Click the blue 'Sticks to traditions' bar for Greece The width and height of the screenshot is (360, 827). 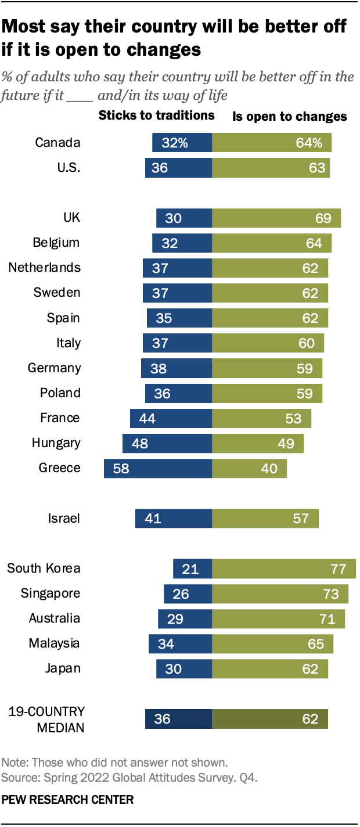pyautogui.click(x=157, y=468)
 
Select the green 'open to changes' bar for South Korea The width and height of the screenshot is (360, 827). pyautogui.click(x=284, y=569)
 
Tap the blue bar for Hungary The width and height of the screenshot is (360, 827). pyautogui.click(x=167, y=443)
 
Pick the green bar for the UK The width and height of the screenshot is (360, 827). pyautogui.click(x=276, y=218)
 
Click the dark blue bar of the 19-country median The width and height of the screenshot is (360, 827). pyautogui.click(x=178, y=719)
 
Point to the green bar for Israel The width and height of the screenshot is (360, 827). pyautogui.click(x=265, y=518)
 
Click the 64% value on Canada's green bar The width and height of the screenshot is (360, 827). pyautogui.click(x=308, y=143)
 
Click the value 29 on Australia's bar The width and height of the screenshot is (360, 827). pyautogui.click(x=175, y=619)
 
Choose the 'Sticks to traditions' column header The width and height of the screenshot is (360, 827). pyautogui.click(x=157, y=116)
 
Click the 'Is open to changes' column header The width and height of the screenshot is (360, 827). pyautogui.click(x=290, y=117)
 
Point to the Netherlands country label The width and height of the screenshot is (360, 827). pyautogui.click(x=44, y=268)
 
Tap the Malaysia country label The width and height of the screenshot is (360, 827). pyautogui.click(x=55, y=643)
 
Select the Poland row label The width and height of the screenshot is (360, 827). pyautogui.click(x=60, y=393)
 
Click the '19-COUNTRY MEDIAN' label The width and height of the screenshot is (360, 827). pyautogui.click(x=46, y=718)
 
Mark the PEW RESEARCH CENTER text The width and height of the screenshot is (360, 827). pyautogui.click(x=67, y=800)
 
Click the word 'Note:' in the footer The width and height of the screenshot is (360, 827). pyautogui.click(x=14, y=763)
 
